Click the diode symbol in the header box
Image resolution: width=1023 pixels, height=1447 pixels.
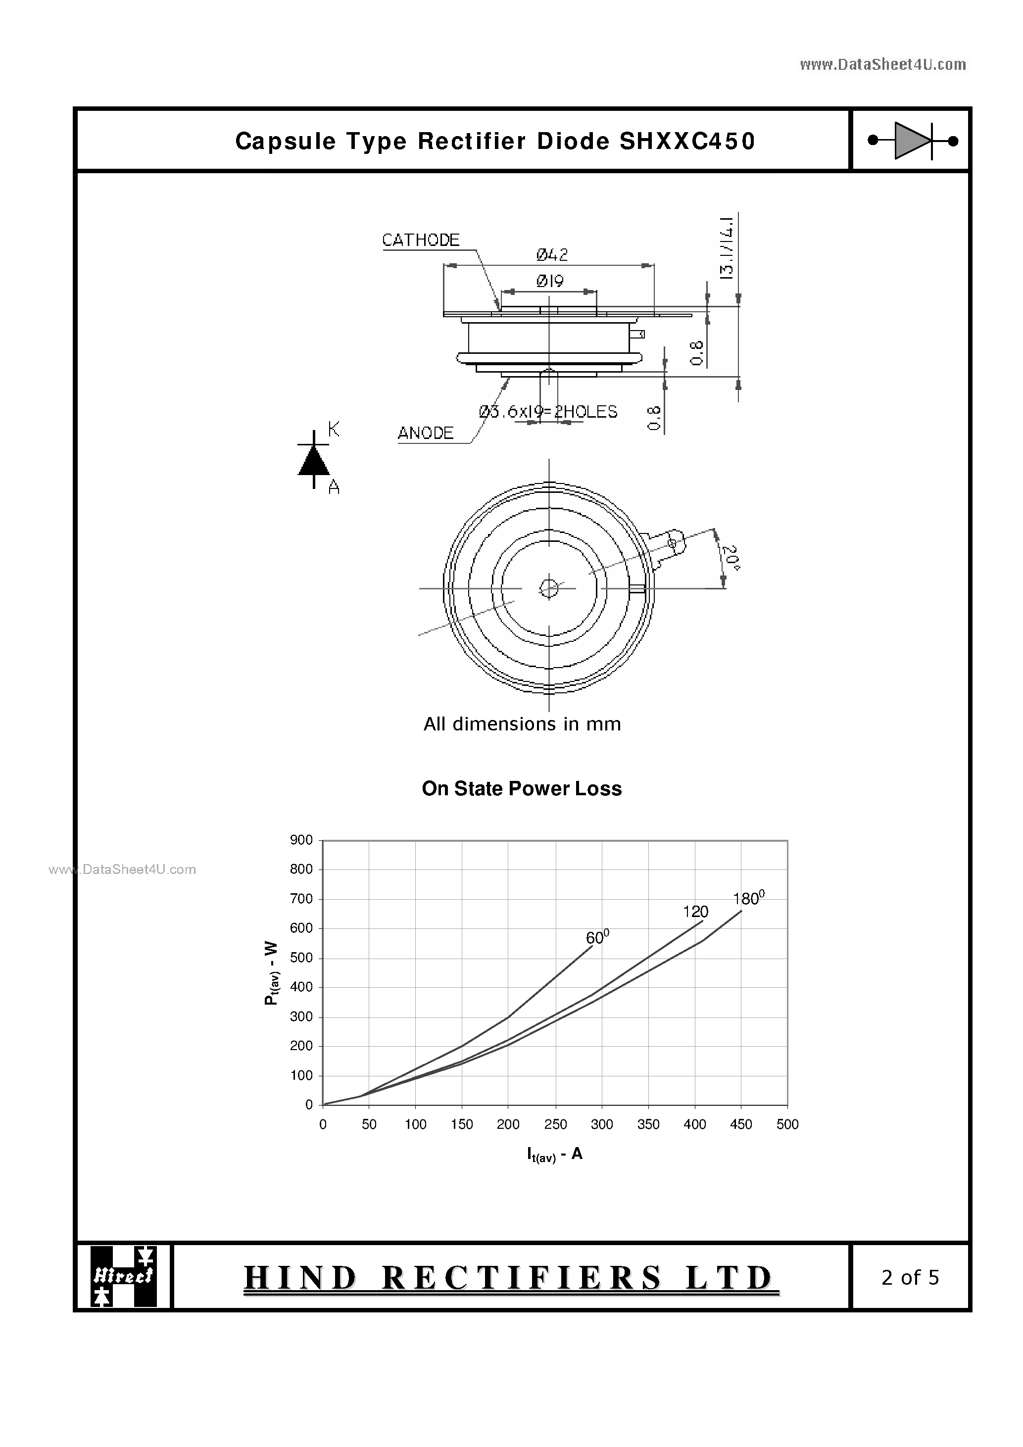[x=913, y=141]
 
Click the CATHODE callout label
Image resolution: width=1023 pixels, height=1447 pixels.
[x=420, y=240]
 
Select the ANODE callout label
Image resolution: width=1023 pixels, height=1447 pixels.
[x=426, y=433]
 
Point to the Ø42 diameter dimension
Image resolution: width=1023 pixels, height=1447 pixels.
[x=552, y=255]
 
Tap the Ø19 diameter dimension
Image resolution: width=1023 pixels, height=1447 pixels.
[x=550, y=281]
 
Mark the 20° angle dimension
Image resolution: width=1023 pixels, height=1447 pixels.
[x=731, y=558]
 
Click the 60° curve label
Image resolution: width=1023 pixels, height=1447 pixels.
[x=597, y=937]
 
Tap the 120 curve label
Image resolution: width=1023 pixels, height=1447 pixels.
[x=695, y=912]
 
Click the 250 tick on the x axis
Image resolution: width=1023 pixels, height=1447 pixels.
[x=555, y=1124]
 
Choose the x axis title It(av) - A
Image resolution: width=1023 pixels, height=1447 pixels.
[x=554, y=1155]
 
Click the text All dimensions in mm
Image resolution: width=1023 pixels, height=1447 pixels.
[x=522, y=724]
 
